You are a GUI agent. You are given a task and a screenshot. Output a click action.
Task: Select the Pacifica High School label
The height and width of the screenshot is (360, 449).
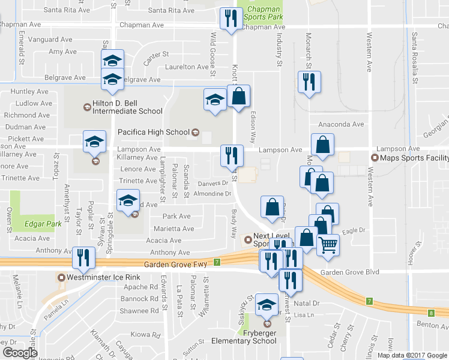[x=152, y=131]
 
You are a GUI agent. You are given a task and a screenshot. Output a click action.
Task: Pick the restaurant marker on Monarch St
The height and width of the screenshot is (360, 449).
[x=309, y=82]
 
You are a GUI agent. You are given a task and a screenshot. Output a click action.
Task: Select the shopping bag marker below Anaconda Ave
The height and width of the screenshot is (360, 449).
[x=323, y=144]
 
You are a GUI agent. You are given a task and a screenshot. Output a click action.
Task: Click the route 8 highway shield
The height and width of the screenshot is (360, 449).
[x=432, y=313]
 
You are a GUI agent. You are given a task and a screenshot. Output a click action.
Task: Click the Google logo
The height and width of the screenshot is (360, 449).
[x=20, y=353]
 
